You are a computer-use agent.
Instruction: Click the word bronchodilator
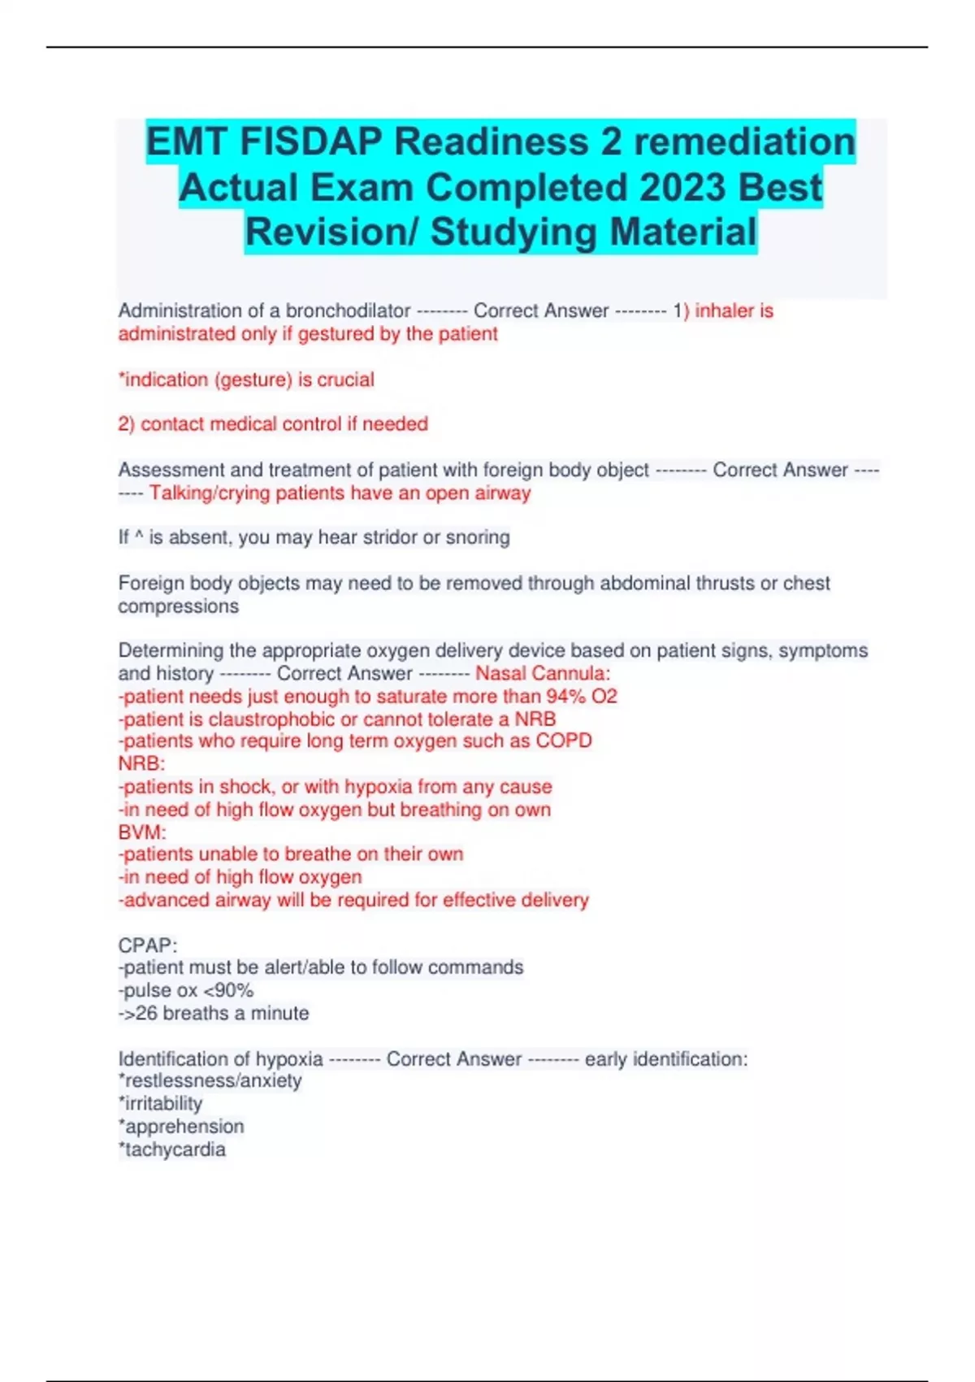coord(348,311)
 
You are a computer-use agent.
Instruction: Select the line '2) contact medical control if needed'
coord(273,424)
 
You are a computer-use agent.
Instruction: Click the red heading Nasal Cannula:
coord(543,673)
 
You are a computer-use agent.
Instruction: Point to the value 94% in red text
coord(565,696)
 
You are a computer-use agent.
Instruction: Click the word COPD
coord(564,741)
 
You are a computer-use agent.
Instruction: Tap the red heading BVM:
coord(142,832)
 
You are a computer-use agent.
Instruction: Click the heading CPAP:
coord(148,945)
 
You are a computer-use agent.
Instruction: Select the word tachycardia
coord(175,1149)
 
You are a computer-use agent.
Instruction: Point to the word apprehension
coord(184,1127)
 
